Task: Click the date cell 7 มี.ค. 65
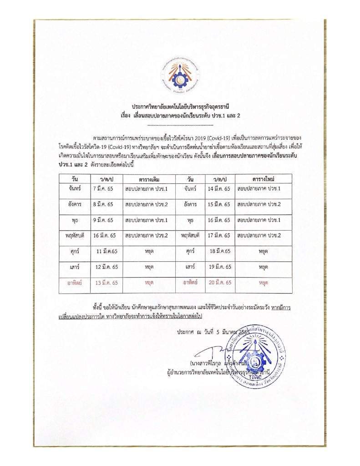tap(103, 188)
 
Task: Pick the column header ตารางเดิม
tap(147, 178)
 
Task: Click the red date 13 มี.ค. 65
tap(107, 283)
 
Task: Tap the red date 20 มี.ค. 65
tap(220, 283)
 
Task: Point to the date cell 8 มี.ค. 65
tap(103, 204)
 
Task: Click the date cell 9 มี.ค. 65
tap(103, 220)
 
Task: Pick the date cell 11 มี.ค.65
tap(107, 251)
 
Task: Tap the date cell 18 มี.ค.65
tap(220, 251)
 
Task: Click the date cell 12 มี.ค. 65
tap(107, 267)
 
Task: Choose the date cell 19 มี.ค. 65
tap(220, 267)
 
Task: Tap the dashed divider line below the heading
tap(180, 124)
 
